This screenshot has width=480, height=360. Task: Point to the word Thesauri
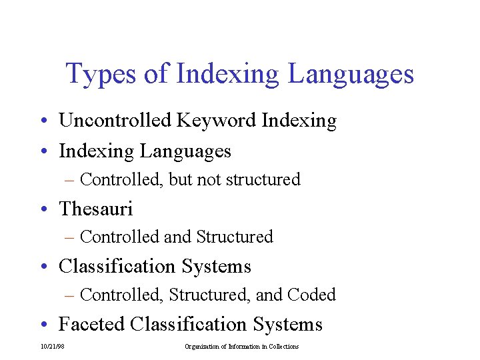coord(96,209)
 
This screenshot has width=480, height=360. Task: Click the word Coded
coord(311,295)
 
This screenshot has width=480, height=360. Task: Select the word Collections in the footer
coord(283,347)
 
